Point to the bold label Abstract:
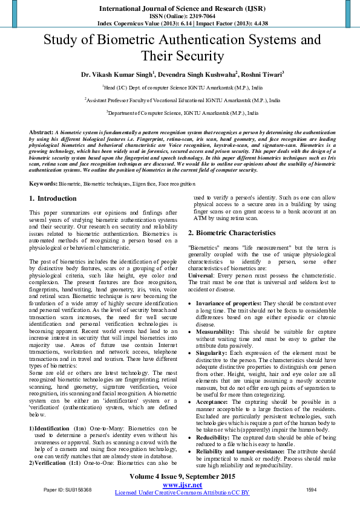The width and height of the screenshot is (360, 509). click(41, 131)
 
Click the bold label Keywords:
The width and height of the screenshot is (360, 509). click(44, 183)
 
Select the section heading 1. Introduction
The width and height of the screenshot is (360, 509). click(53, 198)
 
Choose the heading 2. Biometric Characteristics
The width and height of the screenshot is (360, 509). click(231, 233)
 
